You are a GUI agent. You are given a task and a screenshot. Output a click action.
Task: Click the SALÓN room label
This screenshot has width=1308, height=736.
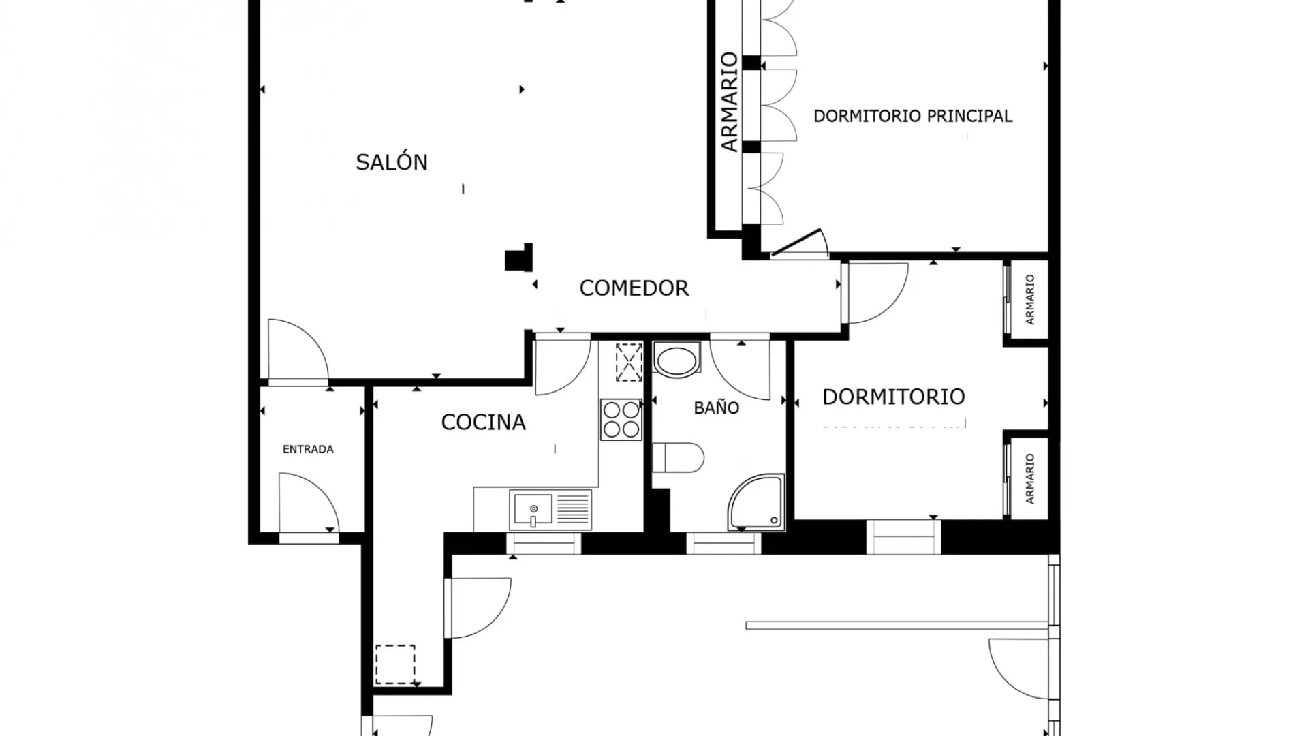pos(392,162)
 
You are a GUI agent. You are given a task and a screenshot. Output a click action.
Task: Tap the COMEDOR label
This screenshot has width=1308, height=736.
pos(634,288)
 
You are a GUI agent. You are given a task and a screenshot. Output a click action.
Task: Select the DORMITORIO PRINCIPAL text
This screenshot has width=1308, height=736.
pos(913,116)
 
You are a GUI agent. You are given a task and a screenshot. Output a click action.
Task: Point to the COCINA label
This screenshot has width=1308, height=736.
pos(484,423)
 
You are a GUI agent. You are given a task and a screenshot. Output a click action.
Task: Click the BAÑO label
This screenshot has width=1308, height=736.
pos(717,408)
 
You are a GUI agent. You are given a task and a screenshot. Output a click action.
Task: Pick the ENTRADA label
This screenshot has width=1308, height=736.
pos(308,449)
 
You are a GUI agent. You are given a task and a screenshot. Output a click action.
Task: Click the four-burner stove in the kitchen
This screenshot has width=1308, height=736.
pos(621,419)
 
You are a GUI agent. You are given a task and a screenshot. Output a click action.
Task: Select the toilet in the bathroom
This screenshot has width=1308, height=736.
pos(678,457)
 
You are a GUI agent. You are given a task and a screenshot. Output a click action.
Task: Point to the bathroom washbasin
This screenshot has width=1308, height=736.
pos(676,359)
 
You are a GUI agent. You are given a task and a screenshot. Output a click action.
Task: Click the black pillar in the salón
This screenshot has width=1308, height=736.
pos(519,258)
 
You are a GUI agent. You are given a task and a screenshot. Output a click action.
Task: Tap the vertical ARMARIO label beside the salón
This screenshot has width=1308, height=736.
pos(729,102)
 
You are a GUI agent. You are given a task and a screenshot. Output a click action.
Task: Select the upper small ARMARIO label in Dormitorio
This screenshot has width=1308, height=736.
pos(1029,299)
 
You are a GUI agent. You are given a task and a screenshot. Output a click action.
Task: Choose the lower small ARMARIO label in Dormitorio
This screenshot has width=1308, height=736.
pos(1029,478)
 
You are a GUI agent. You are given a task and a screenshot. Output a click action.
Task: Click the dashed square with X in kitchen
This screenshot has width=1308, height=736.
pos(629,363)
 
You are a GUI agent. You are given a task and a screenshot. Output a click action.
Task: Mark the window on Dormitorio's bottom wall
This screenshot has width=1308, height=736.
pos(903,536)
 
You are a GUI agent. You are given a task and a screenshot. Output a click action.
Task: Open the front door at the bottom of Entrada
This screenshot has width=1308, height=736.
pos(309,504)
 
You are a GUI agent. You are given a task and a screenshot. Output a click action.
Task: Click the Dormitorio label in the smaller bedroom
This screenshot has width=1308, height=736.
pos(894,397)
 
